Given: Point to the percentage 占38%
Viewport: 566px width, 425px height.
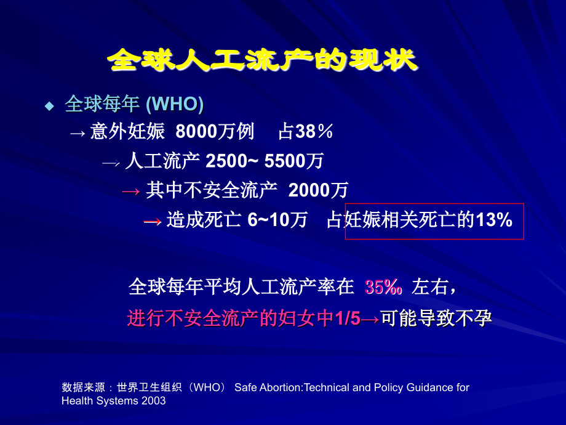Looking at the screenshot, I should coord(306,132).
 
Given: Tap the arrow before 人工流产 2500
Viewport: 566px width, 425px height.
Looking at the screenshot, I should coord(110,162).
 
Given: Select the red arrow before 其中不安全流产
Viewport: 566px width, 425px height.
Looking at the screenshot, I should coord(132,191).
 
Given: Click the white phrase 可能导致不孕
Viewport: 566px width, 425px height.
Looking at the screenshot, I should coord(437,318).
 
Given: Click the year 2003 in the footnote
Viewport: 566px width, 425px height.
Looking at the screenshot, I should coord(154,400).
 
